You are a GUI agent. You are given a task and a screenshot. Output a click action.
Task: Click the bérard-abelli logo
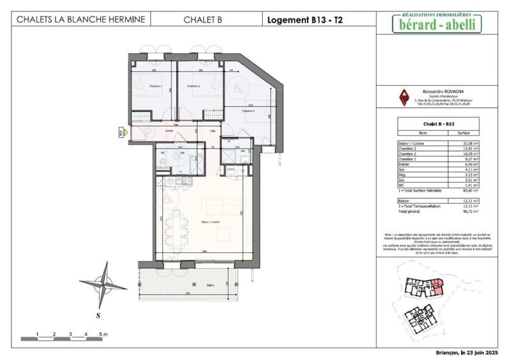[436, 24]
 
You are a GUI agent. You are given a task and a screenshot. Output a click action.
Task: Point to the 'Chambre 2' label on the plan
[194, 86]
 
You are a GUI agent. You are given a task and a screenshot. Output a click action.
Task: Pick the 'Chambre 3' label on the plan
[248, 111]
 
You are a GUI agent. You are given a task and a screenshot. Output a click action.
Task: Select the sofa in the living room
[215, 206]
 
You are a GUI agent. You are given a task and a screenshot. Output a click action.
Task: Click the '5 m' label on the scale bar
[104, 334]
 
